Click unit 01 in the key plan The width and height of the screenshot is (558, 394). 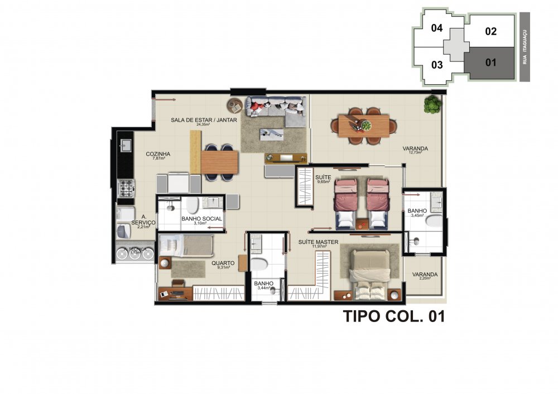pos(490,63)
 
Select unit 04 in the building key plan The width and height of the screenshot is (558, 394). pos(437,28)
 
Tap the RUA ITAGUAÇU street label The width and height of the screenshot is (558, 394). pos(525,47)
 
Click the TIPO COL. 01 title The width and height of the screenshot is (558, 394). pos(393,317)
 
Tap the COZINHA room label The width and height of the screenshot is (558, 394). pos(158,154)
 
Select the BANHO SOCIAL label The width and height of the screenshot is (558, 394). pos(202,219)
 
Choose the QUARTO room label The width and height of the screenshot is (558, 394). pos(223,263)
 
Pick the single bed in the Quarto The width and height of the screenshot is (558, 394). pos(186,244)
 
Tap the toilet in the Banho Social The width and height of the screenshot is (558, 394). pos(191,208)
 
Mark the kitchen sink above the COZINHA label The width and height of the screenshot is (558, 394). pos(126,145)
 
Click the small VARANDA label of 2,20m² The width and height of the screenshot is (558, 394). pos(425,275)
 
